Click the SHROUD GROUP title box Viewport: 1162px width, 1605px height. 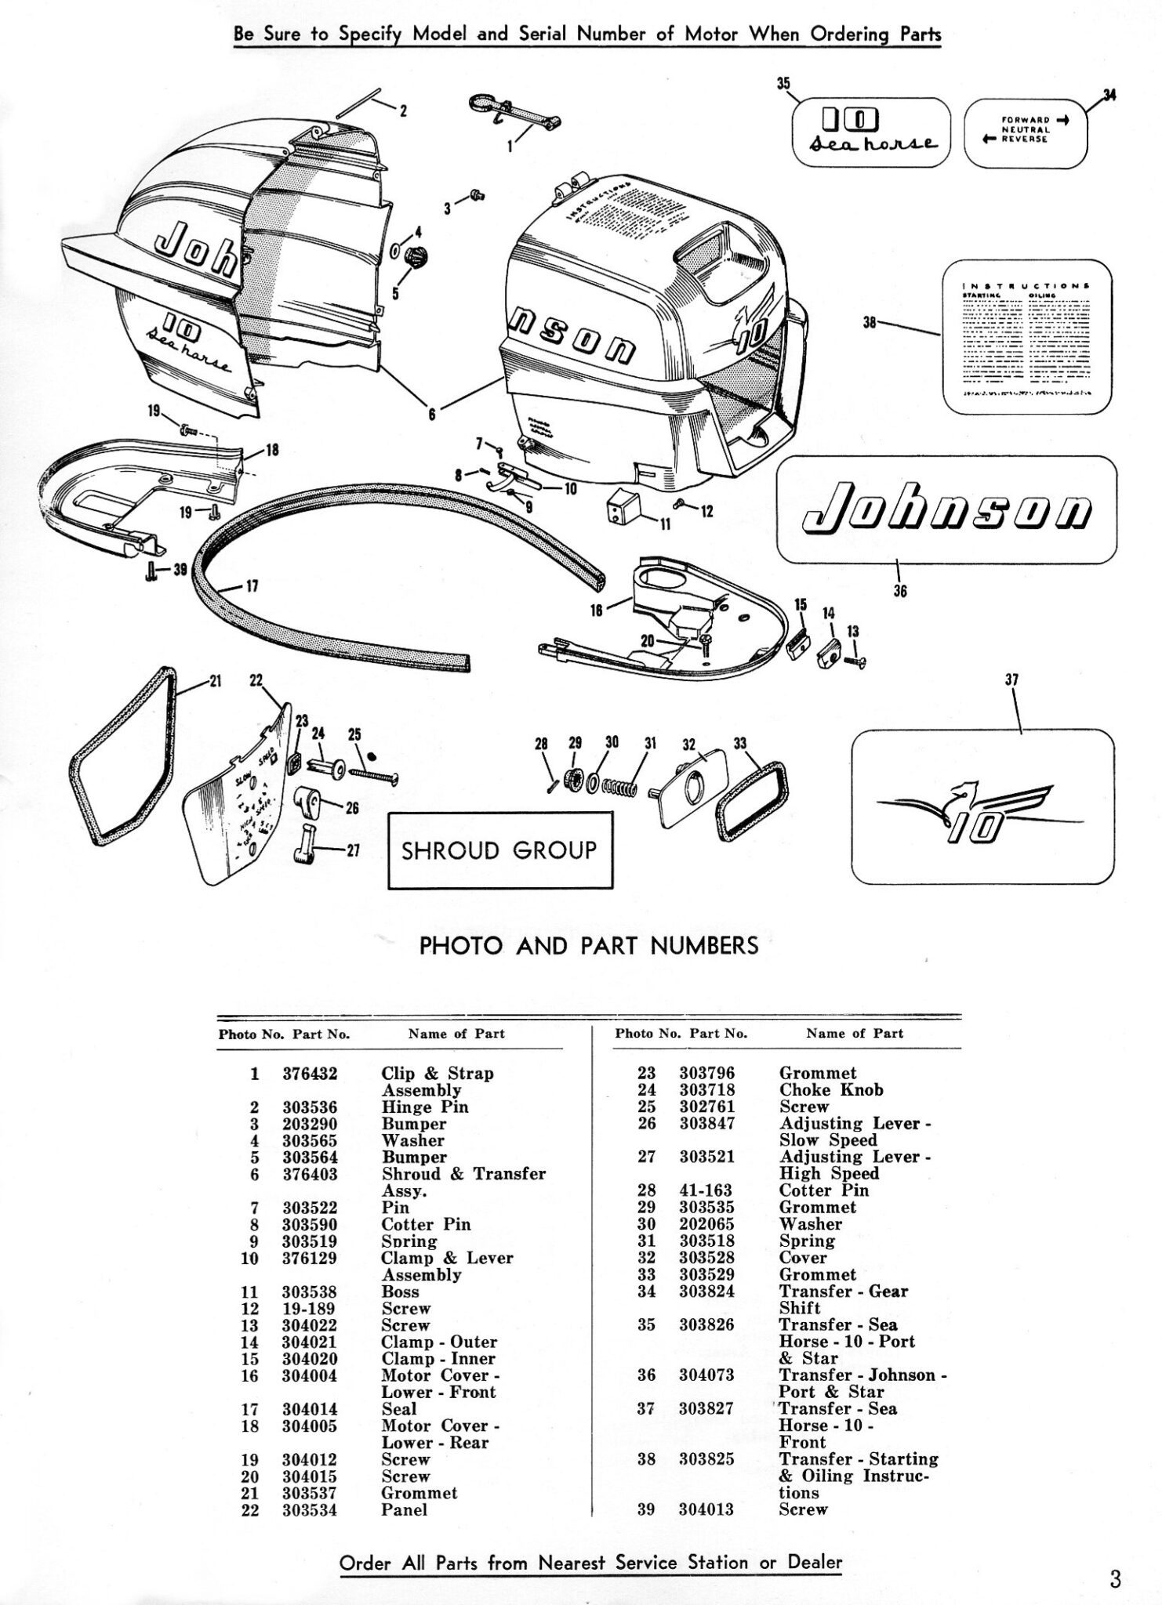pyautogui.click(x=500, y=850)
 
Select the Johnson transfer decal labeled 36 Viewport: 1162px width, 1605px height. pyautogui.click(x=947, y=510)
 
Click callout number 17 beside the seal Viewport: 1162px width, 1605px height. pyautogui.click(x=252, y=585)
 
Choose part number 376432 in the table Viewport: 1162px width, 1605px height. pyautogui.click(x=310, y=1074)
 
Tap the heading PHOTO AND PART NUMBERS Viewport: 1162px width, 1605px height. pyautogui.click(x=589, y=946)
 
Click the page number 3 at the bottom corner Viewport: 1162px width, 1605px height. pyautogui.click(x=1115, y=1577)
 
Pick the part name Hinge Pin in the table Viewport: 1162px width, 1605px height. pyautogui.click(x=425, y=1107)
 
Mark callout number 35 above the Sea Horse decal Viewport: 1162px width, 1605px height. pyautogui.click(x=783, y=84)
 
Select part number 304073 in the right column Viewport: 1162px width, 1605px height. pyautogui.click(x=706, y=1375)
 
